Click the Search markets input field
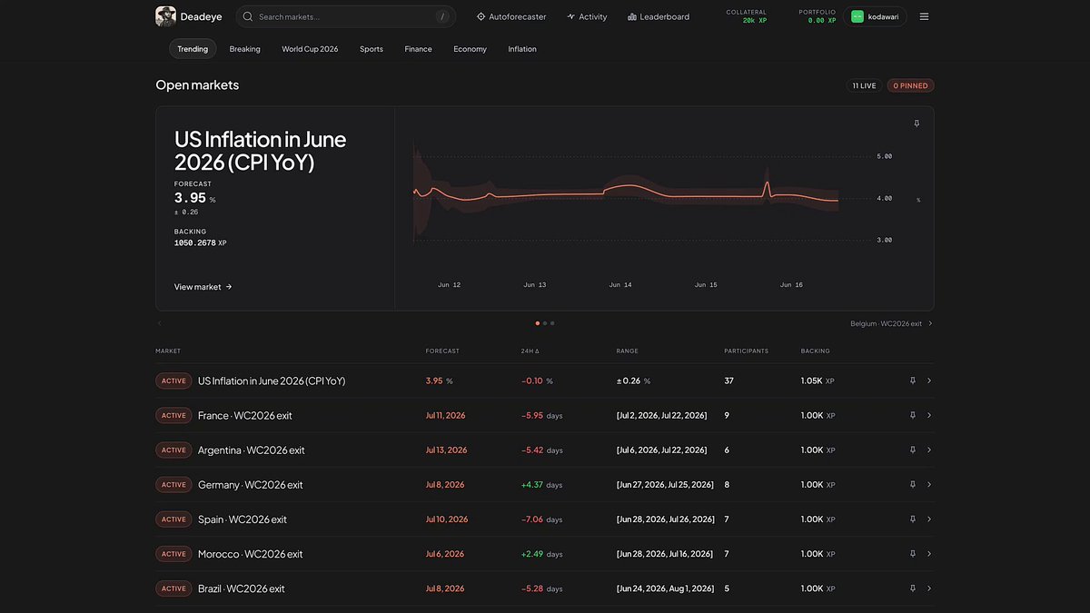click(345, 16)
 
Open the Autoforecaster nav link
click(511, 16)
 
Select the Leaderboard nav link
click(659, 16)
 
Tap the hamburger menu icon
click(924, 16)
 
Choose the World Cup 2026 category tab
click(310, 49)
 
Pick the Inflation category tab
click(522, 49)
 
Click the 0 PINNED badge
click(910, 85)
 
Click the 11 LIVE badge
click(864, 85)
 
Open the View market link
click(203, 287)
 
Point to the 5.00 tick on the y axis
click(884, 156)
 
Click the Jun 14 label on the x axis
click(620, 284)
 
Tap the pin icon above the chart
click(917, 124)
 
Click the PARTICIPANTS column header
click(746, 351)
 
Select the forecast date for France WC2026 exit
click(445, 416)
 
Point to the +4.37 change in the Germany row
click(532, 485)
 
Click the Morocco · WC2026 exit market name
click(250, 554)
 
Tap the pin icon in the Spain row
click(913, 519)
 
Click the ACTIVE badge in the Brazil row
click(173, 588)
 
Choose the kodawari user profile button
click(875, 16)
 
